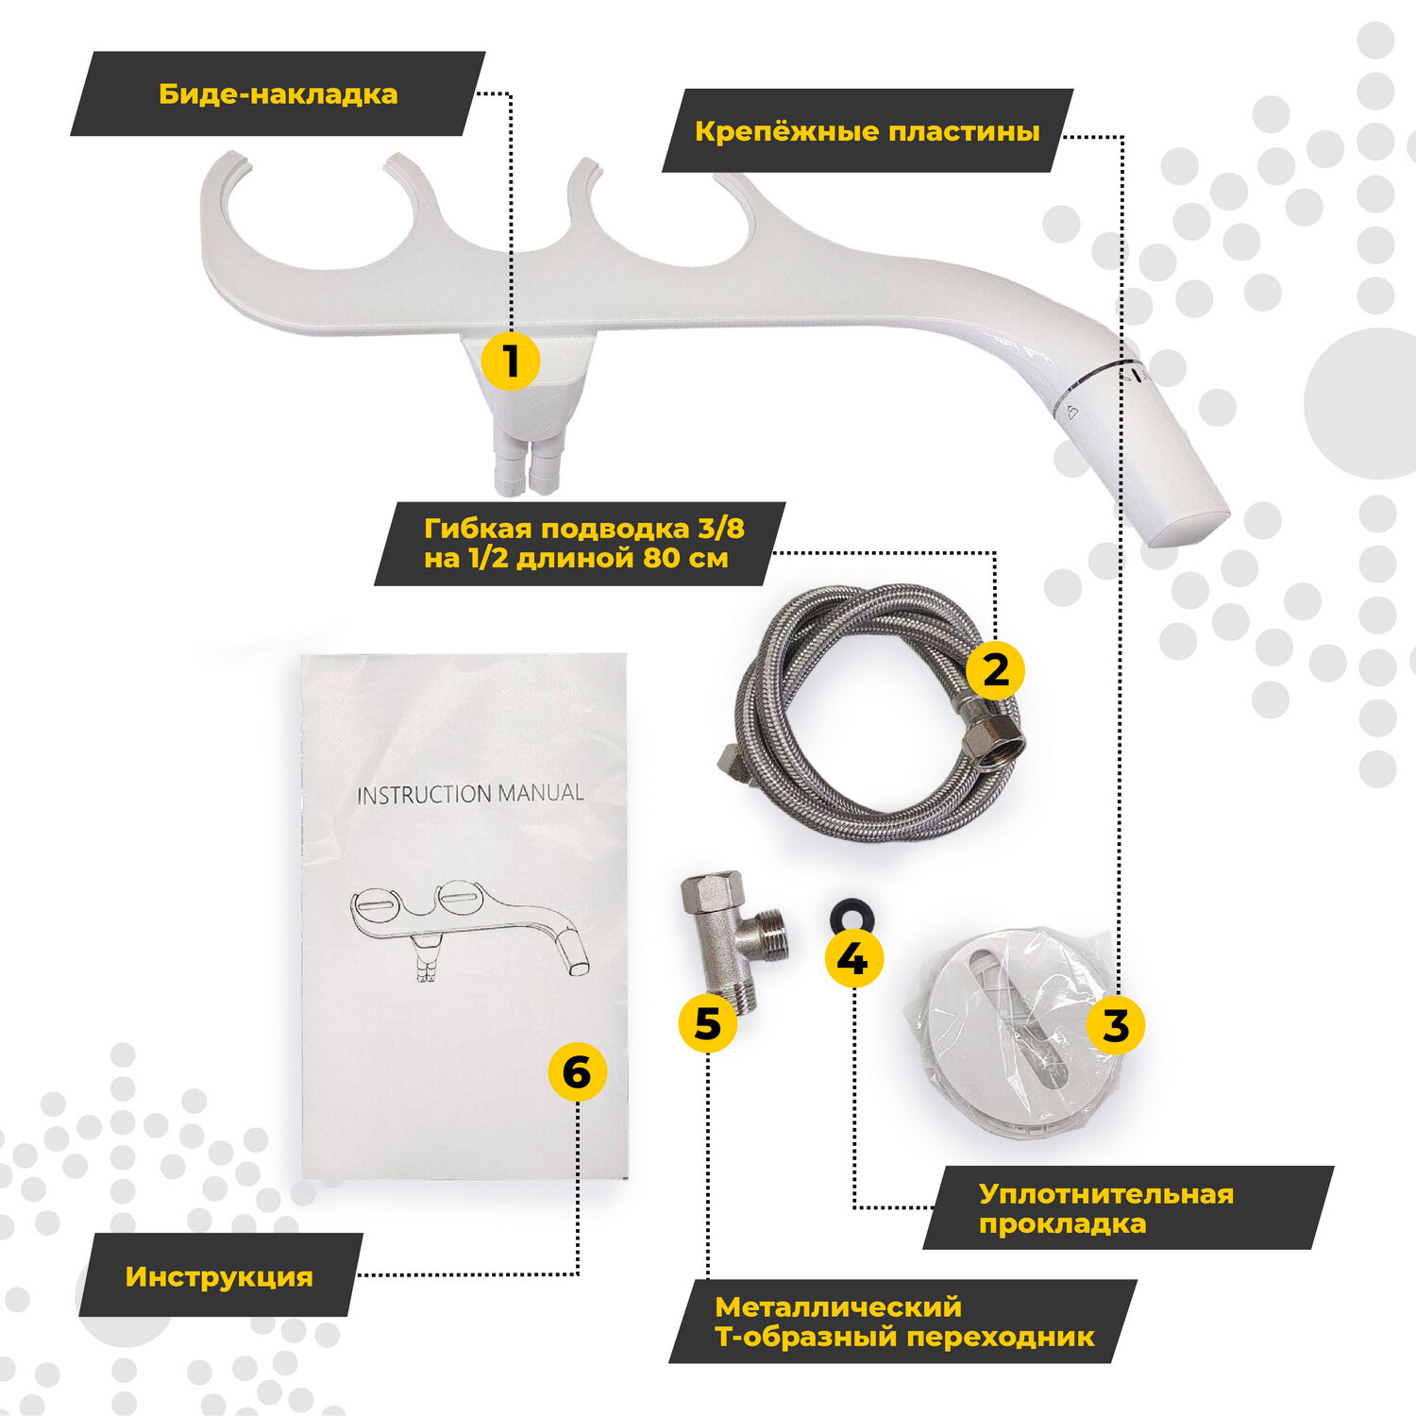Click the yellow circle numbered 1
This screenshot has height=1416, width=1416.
coord(511,361)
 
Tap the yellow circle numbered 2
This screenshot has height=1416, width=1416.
coord(996,670)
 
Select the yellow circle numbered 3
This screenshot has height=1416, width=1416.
coord(1116,1025)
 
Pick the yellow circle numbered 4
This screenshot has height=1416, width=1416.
coord(853,959)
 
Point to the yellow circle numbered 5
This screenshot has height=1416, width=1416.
coord(708,1023)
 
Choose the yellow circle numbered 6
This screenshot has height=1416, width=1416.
coord(577,1073)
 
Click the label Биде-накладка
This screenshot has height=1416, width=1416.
coord(278,94)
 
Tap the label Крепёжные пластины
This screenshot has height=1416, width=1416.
coord(867,131)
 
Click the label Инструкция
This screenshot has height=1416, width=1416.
coord(219,1276)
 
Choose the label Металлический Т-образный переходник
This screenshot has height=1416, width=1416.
coord(902,1322)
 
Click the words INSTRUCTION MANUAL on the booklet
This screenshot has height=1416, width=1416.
coord(470,794)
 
